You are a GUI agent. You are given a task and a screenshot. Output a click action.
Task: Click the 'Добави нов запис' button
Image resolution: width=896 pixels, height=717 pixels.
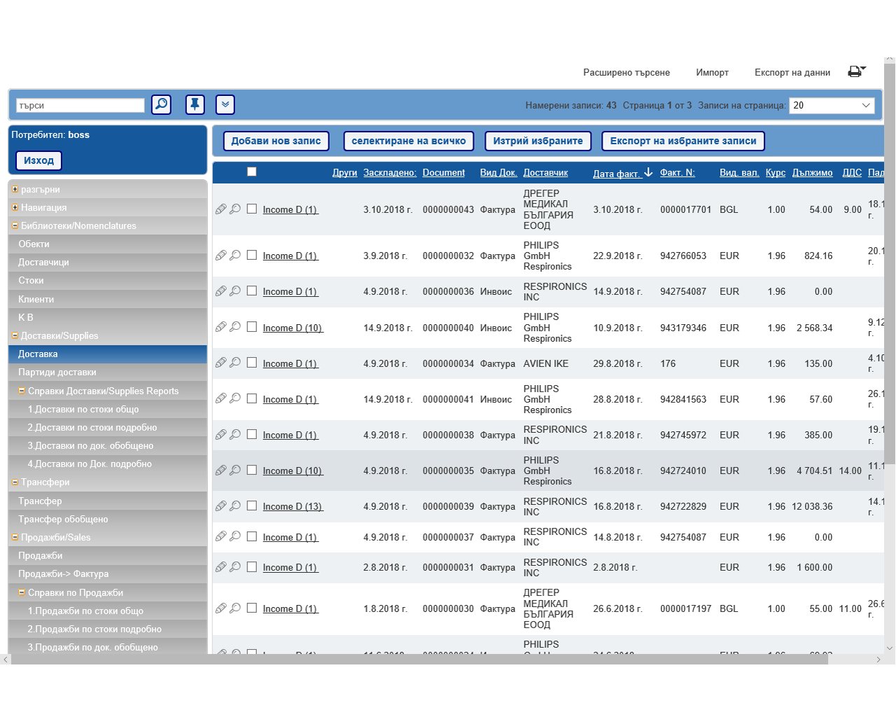pos(276,141)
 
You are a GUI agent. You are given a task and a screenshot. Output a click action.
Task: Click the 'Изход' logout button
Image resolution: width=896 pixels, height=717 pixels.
pos(38,160)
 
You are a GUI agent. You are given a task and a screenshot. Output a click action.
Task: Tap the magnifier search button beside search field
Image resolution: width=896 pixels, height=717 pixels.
pos(161,105)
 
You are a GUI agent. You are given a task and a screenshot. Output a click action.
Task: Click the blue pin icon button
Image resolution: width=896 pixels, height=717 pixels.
pos(195,105)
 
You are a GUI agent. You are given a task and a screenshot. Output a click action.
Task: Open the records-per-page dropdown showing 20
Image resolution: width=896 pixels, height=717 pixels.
pos(832,106)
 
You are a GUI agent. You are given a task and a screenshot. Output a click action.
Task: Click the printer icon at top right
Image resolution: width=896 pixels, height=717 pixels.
pos(855,71)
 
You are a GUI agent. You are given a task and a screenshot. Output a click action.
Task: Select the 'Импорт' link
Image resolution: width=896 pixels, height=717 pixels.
pos(712,73)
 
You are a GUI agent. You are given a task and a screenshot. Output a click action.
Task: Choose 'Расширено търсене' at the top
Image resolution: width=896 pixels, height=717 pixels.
pos(626,73)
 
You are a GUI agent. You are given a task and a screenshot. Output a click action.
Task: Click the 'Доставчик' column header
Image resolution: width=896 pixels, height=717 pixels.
pos(545,173)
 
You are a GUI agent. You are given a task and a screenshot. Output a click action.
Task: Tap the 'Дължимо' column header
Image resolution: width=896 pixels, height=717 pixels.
pos(812,173)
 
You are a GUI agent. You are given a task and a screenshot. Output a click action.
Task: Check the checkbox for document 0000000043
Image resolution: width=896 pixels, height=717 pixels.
pos(252,209)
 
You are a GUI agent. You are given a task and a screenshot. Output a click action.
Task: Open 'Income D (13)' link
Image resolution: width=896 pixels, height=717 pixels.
pos(293,507)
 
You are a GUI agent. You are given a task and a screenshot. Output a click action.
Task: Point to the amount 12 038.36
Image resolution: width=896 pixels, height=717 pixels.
pos(812,507)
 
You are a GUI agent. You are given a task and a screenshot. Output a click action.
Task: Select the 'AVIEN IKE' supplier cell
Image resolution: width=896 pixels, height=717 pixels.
pos(546,364)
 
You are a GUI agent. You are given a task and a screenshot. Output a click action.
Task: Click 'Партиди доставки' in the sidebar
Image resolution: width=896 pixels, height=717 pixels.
pos(57,373)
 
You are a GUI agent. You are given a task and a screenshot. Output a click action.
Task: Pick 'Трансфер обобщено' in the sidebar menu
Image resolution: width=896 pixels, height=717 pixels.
pos(63,520)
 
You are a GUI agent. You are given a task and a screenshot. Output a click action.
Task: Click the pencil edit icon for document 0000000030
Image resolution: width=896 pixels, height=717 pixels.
pos(220,608)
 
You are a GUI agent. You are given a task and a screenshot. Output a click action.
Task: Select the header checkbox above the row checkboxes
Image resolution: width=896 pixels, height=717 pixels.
pos(252,172)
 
